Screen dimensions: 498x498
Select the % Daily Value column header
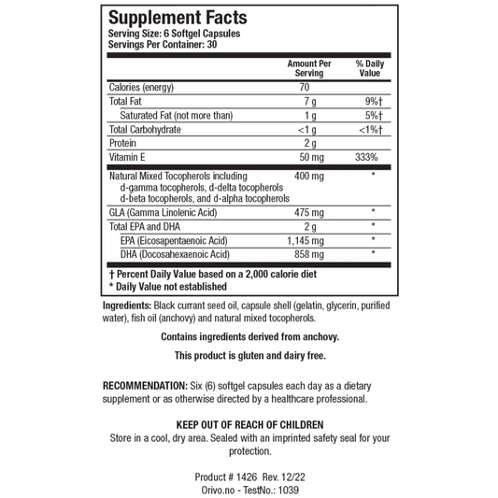click(x=370, y=67)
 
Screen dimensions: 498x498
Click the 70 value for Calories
click(x=305, y=87)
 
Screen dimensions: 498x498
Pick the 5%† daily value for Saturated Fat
click(x=376, y=115)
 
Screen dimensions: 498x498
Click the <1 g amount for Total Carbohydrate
click(x=303, y=129)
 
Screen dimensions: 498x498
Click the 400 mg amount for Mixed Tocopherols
click(x=307, y=176)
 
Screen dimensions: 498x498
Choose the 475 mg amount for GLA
click(x=307, y=212)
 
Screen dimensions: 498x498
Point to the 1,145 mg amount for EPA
click(x=307, y=240)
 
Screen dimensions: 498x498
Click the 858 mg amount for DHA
click(x=307, y=254)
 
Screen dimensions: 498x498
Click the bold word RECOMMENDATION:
click(x=152, y=385)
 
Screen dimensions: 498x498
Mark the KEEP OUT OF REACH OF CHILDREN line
click(x=249, y=423)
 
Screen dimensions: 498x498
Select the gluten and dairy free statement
click(x=249, y=356)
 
